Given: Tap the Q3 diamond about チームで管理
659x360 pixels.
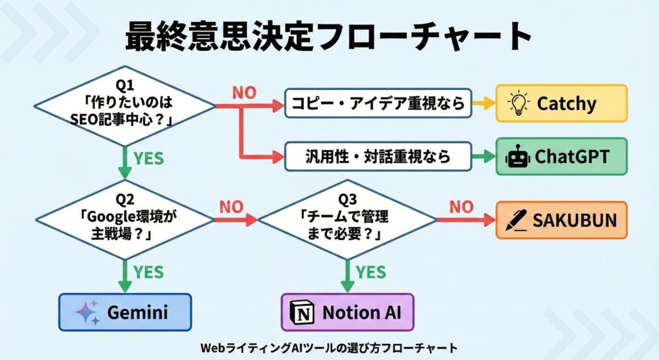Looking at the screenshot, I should point(348,220).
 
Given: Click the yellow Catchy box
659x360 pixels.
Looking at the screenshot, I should point(561,103).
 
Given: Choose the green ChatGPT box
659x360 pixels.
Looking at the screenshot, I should point(561,156).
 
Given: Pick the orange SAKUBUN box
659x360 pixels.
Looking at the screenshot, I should point(561,220).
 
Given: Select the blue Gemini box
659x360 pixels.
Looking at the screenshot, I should point(125,312).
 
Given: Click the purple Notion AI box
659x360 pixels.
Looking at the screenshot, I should point(348,312).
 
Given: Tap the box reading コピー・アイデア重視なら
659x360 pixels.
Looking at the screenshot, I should point(378,103).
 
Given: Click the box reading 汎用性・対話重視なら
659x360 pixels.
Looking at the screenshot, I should point(378,156).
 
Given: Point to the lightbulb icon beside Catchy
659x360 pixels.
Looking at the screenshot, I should point(518,103).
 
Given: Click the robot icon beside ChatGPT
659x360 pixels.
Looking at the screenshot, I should point(517,156).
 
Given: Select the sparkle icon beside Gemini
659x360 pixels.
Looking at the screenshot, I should point(88,312).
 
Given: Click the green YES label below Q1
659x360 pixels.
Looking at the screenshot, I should point(149,158).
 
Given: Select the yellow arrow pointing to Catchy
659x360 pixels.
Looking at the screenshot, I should point(483,103).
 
